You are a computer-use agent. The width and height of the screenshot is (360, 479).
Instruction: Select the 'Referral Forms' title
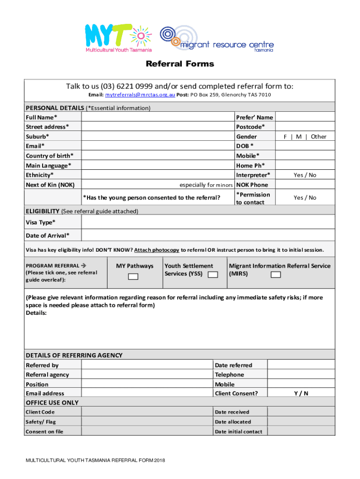pos(180,64)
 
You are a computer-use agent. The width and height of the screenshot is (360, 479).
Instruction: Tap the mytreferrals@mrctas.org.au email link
pos(140,95)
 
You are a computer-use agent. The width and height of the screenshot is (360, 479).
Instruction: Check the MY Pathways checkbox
pos(133,276)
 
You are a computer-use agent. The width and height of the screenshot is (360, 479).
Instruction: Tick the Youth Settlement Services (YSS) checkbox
pos(213,275)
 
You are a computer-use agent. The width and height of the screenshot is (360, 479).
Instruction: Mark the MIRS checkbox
pos(275,275)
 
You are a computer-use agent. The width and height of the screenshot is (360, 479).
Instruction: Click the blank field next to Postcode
pos(305,127)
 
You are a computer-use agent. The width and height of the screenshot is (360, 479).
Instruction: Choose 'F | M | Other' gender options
pos(305,137)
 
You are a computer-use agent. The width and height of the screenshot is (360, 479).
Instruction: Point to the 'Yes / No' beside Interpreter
pos(305,175)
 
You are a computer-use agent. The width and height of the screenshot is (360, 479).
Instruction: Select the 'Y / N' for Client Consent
pos(301,393)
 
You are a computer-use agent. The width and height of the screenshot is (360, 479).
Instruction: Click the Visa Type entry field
pos(208,222)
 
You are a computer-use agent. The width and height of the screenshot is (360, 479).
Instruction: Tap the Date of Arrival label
pos(48,235)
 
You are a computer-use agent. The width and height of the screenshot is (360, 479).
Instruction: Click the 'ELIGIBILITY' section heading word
pos(43,211)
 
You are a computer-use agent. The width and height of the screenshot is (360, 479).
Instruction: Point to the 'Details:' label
pos(36,313)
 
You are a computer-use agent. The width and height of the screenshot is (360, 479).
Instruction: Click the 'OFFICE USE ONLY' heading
pos(52,403)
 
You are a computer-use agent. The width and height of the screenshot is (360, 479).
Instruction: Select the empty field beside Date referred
pos(301,365)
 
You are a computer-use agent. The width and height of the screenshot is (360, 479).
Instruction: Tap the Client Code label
pos(40,412)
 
